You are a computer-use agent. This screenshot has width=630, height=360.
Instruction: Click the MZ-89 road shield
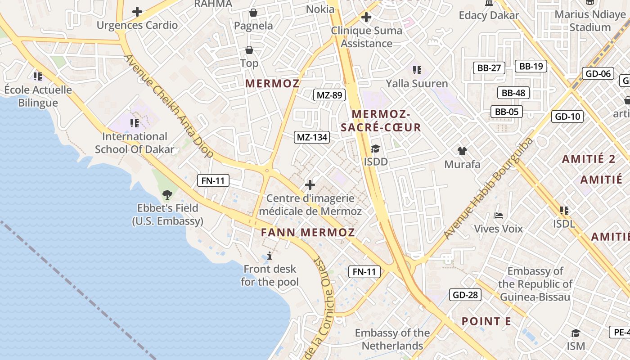tap(329, 95)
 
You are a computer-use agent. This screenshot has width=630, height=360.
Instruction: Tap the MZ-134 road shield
tap(312, 137)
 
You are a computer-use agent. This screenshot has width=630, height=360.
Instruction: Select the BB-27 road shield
tap(489, 68)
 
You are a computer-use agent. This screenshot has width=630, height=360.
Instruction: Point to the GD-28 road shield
tap(465, 295)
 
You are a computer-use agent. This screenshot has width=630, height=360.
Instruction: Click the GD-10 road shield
tap(567, 117)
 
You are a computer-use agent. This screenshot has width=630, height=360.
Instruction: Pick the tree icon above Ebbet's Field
tap(167, 195)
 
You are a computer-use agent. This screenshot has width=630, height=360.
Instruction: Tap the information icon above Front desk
tap(270, 256)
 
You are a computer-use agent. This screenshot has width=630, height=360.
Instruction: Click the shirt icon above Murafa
tap(462, 151)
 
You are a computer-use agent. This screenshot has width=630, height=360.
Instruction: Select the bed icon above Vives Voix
tap(499, 216)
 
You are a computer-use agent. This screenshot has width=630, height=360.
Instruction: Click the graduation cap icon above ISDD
tap(375, 148)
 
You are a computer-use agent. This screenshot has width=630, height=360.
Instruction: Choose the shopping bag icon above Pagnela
tap(253, 13)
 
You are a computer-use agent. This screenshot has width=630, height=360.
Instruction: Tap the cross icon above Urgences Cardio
tap(137, 12)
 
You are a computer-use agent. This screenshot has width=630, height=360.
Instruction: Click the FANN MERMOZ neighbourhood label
tap(308, 233)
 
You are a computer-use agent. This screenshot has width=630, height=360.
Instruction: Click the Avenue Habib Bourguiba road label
tap(489, 188)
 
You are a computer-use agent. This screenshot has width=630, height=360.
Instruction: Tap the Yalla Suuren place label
tap(417, 84)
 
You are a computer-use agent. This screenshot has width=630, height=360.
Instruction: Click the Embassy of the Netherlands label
tap(392, 339)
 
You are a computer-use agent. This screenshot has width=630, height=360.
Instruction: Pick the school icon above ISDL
tap(564, 210)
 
